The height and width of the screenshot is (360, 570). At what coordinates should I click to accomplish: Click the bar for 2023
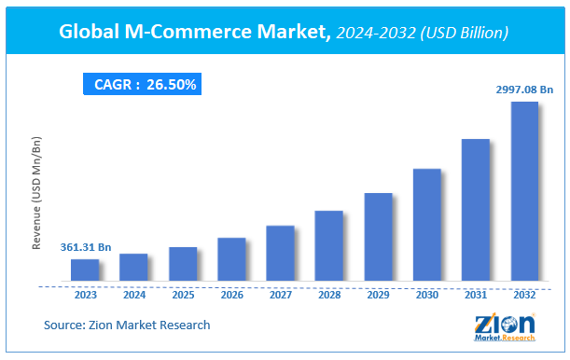[x=84, y=270]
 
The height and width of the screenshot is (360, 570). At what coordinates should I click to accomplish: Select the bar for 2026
[x=231, y=258]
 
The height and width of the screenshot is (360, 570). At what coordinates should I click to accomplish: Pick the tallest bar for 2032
[x=524, y=190]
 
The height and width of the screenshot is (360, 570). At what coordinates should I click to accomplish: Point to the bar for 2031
[x=476, y=209]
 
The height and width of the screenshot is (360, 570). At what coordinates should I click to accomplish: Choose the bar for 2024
[x=133, y=267]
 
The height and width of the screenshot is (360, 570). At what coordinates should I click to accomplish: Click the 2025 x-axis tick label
[x=182, y=296]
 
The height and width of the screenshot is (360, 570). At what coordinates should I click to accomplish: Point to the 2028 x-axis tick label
[x=328, y=296]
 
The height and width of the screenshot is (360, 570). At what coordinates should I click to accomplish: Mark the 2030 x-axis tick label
[x=426, y=296]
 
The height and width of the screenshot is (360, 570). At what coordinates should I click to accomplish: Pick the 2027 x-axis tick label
[x=280, y=296]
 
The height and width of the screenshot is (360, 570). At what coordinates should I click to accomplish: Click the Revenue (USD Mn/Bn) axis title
[x=37, y=193]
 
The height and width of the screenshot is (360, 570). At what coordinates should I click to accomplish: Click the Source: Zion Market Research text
[x=127, y=325]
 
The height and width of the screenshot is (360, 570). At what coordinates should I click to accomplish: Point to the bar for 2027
[x=280, y=253]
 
